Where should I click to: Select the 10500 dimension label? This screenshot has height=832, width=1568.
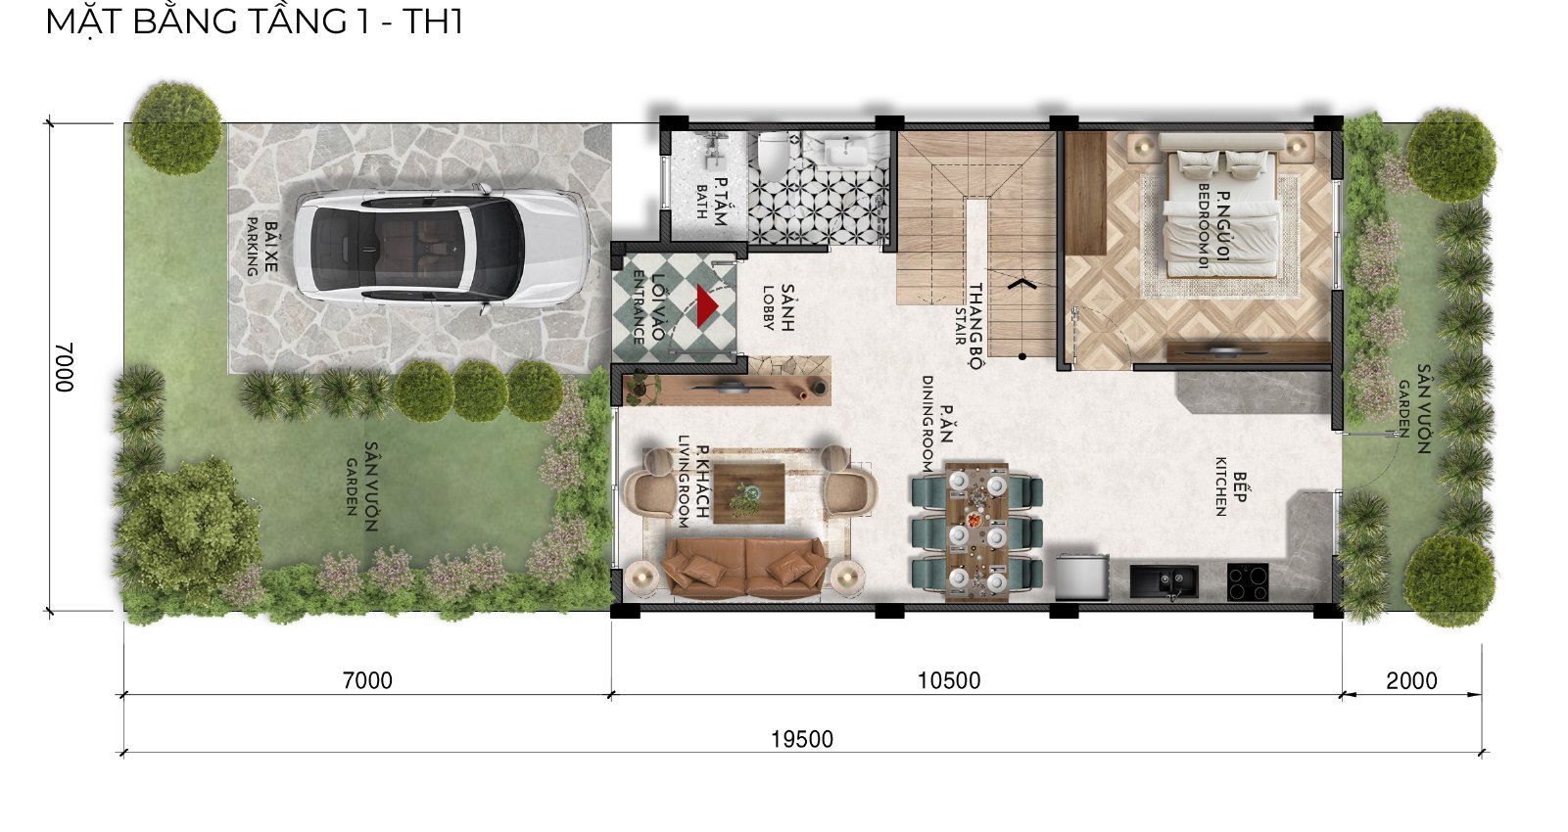(948, 680)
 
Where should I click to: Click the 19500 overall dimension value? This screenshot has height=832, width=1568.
(802, 739)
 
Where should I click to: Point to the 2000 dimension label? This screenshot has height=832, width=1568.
(1411, 680)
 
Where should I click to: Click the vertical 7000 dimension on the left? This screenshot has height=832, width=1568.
(64, 367)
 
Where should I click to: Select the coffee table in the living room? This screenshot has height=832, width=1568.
(748, 493)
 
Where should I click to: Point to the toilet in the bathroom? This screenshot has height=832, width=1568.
(773, 152)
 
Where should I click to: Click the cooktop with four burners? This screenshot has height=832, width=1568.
(1248, 582)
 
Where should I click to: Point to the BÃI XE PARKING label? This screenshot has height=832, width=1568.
(261, 247)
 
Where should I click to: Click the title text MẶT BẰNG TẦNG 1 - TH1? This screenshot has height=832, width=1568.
(254, 22)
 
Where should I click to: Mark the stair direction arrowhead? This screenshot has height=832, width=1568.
(1022, 284)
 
